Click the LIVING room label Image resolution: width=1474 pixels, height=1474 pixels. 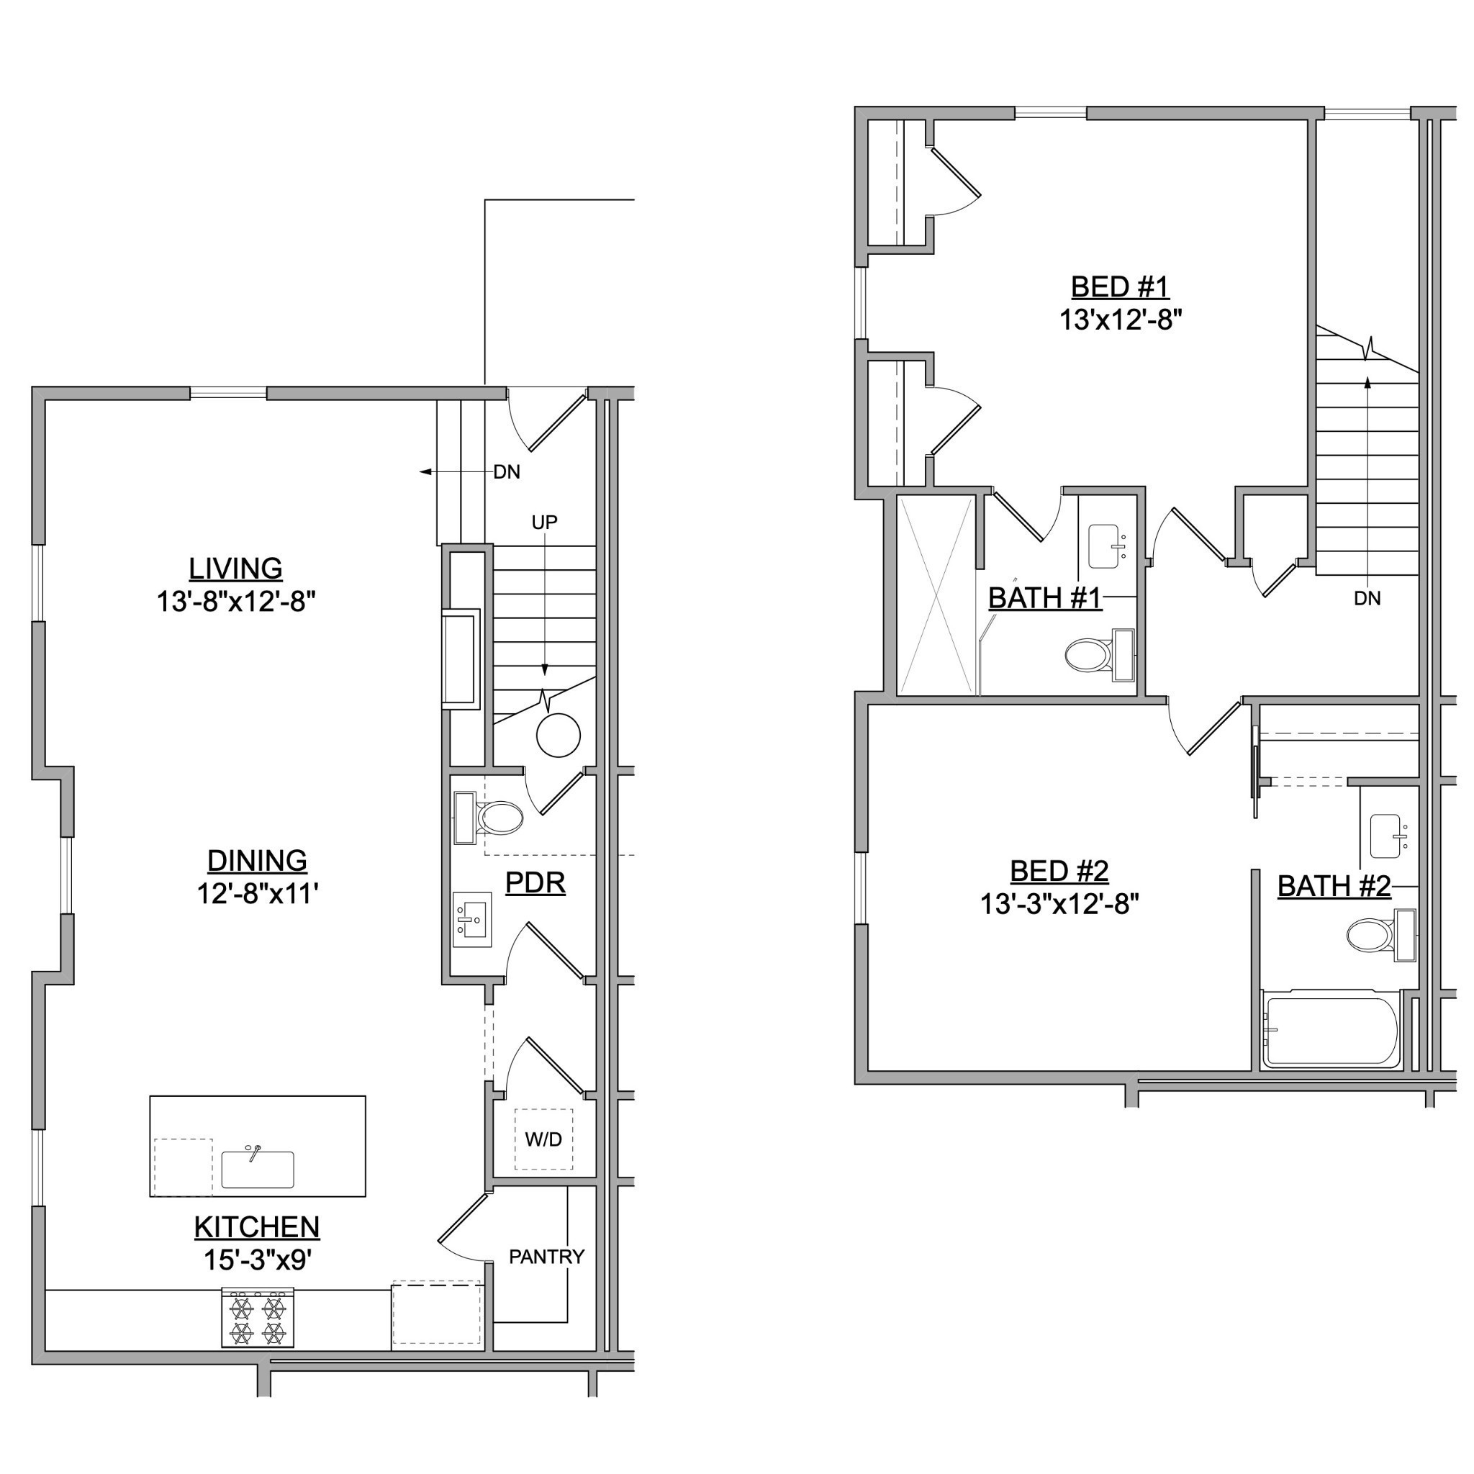(x=236, y=569)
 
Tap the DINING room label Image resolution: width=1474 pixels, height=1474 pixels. (x=257, y=860)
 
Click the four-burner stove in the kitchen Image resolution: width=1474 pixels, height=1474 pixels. (x=257, y=1318)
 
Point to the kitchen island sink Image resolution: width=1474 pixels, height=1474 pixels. (x=257, y=1168)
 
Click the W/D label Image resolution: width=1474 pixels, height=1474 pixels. (x=543, y=1139)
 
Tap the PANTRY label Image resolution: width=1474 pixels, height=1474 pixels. (x=546, y=1257)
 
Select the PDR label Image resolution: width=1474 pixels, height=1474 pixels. (x=535, y=882)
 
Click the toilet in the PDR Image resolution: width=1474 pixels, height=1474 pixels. (x=489, y=818)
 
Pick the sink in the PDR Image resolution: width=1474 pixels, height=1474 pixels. (x=472, y=919)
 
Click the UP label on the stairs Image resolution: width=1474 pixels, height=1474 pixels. (x=544, y=522)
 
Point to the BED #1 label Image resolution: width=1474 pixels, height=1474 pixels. (x=1120, y=287)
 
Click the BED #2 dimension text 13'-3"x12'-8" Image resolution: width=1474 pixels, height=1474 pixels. (x=1059, y=904)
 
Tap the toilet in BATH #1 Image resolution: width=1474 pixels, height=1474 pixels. (x=1098, y=655)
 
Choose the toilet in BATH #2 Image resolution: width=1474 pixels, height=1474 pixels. (x=1381, y=935)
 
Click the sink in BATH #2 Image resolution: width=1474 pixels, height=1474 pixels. (x=1390, y=837)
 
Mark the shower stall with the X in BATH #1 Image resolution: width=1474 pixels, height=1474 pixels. (x=937, y=595)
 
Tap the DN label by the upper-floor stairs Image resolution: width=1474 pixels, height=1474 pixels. (x=1367, y=598)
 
